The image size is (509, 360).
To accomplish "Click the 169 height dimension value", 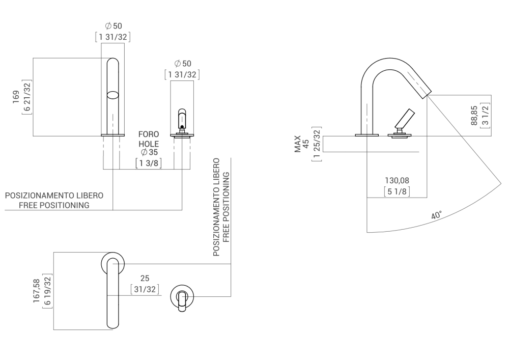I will click(x=16, y=97).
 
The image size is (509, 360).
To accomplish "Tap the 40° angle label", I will click(x=436, y=215).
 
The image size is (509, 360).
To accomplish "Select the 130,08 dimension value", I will click(x=398, y=181).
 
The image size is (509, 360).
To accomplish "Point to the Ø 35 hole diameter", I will click(x=149, y=152).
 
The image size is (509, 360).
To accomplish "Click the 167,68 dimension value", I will click(x=37, y=291).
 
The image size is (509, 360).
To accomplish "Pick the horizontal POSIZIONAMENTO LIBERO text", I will click(x=54, y=196).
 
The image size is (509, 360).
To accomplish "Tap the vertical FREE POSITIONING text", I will click(x=226, y=206).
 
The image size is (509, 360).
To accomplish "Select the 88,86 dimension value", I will click(x=473, y=115).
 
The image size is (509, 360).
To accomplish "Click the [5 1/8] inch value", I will click(x=398, y=191).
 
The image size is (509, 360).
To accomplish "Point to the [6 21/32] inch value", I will click(x=26, y=97).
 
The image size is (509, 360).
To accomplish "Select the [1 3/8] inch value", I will click(x=149, y=163).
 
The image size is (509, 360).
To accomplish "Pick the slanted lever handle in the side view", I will click(x=404, y=120).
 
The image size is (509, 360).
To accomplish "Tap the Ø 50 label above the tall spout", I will click(x=112, y=25).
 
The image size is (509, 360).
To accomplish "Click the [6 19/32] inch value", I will click(x=47, y=291).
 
